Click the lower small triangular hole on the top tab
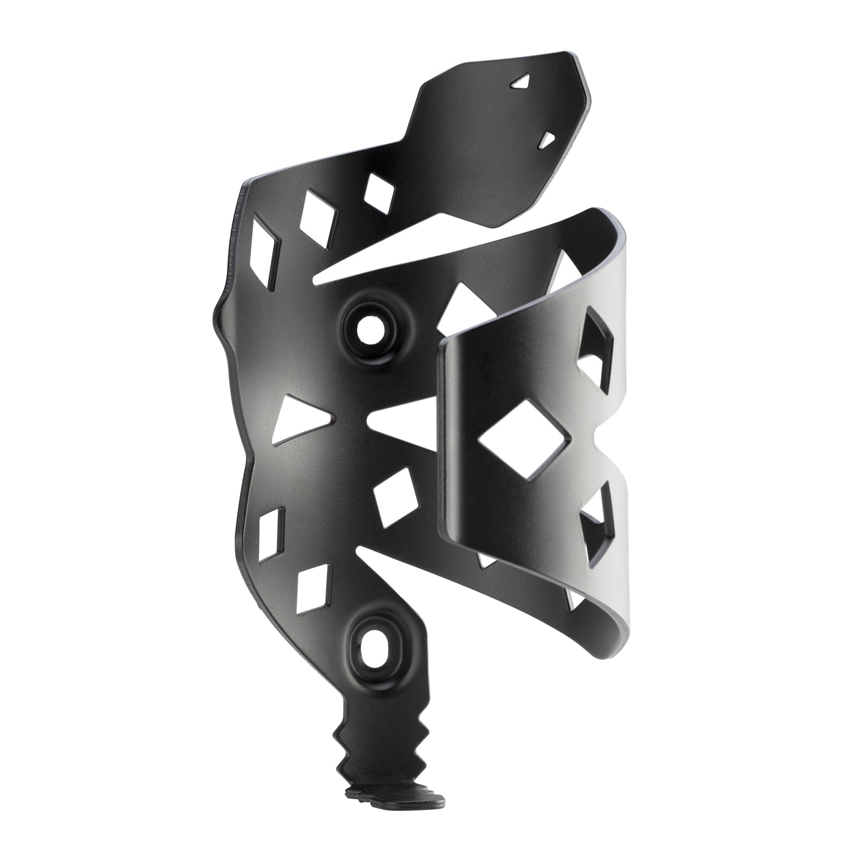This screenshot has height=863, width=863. [546, 123]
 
